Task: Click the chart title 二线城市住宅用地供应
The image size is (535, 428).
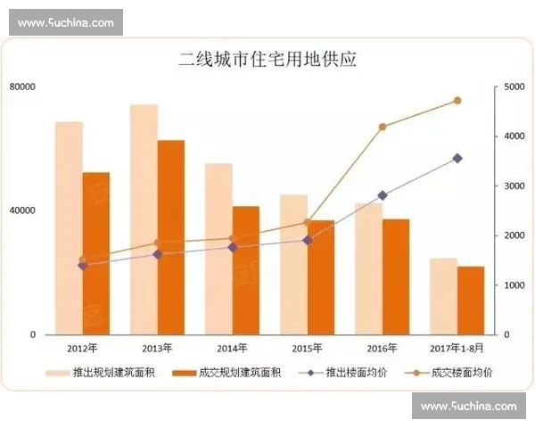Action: pos(267,60)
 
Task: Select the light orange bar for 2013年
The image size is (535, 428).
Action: pos(144,219)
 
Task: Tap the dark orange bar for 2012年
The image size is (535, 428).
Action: pos(96,253)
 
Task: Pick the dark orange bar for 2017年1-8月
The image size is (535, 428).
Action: pos(471,300)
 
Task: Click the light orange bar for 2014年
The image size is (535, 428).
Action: pos(218,249)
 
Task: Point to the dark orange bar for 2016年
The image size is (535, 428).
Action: pos(396,276)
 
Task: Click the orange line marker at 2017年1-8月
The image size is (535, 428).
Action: pos(457,101)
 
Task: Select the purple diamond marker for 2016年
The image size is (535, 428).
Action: pos(383,195)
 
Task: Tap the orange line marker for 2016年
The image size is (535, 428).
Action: pos(383,127)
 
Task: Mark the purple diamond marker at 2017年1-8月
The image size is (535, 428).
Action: pos(457,159)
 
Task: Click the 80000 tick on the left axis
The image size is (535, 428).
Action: pos(22,86)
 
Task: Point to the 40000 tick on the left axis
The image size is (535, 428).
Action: pos(22,210)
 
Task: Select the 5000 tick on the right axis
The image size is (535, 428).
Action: pos(514,86)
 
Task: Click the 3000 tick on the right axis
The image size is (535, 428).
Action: pos(514,185)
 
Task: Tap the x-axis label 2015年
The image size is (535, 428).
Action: pos(308,348)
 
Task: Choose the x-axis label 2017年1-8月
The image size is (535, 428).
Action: pos(457,348)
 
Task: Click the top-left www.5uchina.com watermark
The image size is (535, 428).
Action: pos(65,21)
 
